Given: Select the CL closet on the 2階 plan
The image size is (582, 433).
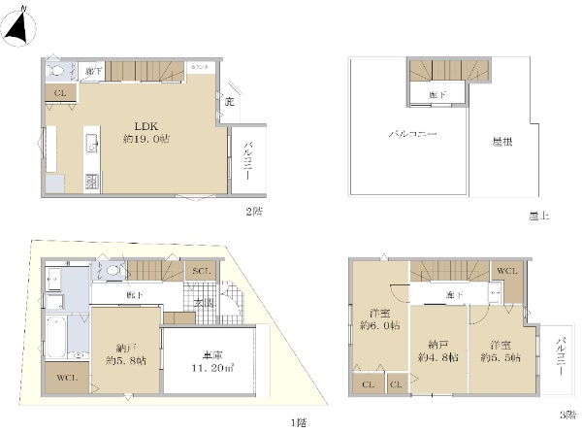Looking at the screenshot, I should point(59,93).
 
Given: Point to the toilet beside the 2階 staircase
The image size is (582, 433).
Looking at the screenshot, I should point(57,71).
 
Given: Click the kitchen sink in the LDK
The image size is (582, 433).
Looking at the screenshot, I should point(92,146).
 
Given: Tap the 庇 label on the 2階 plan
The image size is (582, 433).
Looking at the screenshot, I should point(229,100).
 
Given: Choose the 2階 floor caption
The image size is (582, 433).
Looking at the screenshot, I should point(255,210).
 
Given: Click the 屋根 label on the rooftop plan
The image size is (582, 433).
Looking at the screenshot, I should point(502,142).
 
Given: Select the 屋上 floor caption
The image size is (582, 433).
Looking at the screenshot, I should point(540,216).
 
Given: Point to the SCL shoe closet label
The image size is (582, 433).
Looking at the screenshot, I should point(202,270).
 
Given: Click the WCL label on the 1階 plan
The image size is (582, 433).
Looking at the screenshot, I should point(67,378).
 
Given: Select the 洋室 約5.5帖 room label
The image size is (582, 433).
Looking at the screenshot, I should point(500,350).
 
